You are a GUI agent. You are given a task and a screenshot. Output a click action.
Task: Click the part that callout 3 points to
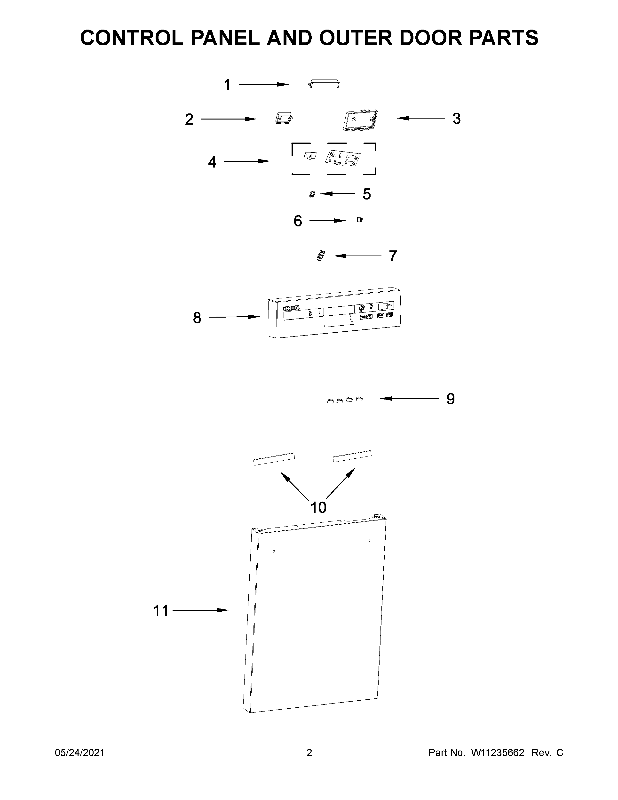[x=360, y=120]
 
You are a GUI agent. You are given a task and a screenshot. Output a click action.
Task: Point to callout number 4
[x=212, y=162]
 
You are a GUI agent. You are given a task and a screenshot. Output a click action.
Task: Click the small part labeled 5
[x=312, y=194]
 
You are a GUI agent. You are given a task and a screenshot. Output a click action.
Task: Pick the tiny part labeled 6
[x=359, y=220]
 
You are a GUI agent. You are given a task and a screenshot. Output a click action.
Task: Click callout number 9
[x=450, y=399]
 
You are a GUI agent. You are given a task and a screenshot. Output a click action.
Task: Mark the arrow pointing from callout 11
[x=201, y=610]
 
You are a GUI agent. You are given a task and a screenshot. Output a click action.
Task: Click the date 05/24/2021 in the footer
[x=80, y=753]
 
